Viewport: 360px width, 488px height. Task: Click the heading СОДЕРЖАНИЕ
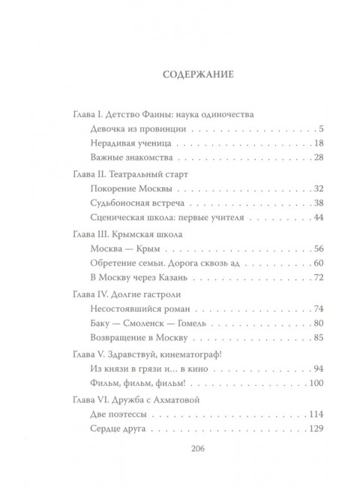[x=198, y=75]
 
